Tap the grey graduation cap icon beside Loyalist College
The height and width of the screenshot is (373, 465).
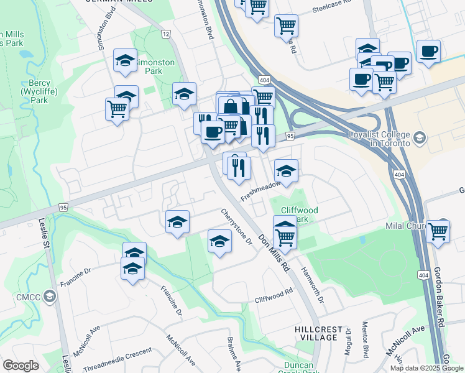420,138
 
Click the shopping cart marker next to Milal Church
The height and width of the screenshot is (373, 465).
438,231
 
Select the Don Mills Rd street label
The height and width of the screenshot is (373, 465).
275,255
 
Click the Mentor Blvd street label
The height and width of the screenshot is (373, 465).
366,342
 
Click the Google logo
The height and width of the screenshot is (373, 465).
21,366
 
